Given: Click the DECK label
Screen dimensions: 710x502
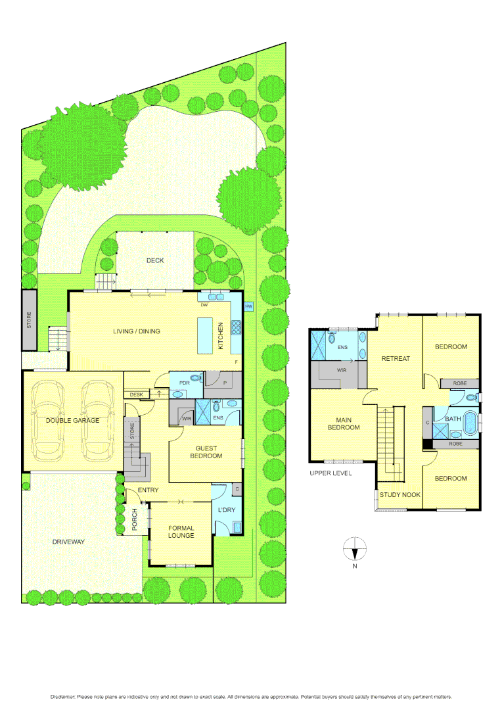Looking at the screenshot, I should click(x=155, y=260).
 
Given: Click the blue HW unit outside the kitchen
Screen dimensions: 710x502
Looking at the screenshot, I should click(x=248, y=307).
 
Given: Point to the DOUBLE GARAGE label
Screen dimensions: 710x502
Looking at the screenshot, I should click(x=72, y=421).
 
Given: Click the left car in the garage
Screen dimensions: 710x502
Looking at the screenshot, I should click(x=50, y=421).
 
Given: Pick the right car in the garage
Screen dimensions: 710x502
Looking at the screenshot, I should click(x=96, y=421).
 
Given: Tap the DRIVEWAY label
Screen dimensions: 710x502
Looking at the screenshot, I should click(x=68, y=542).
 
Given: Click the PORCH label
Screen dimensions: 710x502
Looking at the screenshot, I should click(x=134, y=520).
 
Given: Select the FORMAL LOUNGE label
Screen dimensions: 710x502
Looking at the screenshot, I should click(x=181, y=531).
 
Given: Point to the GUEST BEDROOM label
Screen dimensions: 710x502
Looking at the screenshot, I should click(x=206, y=452).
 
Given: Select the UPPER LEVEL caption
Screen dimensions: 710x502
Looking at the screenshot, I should click(x=330, y=473).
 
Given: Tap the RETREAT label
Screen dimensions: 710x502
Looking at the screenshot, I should click(x=396, y=358).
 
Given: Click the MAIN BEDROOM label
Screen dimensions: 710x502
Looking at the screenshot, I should click(x=343, y=423).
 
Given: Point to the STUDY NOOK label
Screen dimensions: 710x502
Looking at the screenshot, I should click(x=400, y=494).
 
